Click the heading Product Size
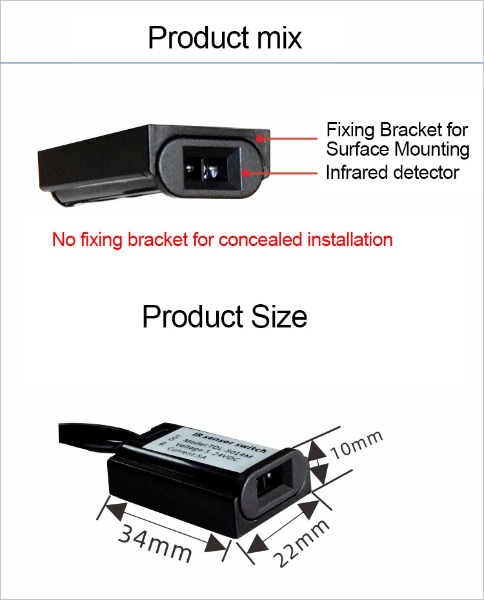225,317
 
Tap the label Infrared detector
392,172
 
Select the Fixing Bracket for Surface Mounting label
398,140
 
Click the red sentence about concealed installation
222,240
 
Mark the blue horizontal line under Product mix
242,63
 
